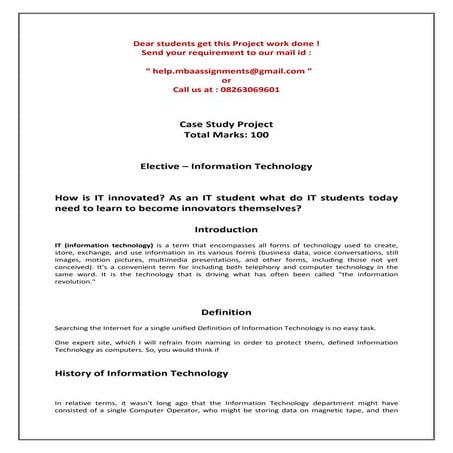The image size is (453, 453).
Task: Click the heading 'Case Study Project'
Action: click(x=225, y=123)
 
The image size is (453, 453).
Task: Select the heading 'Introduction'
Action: click(x=226, y=229)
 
